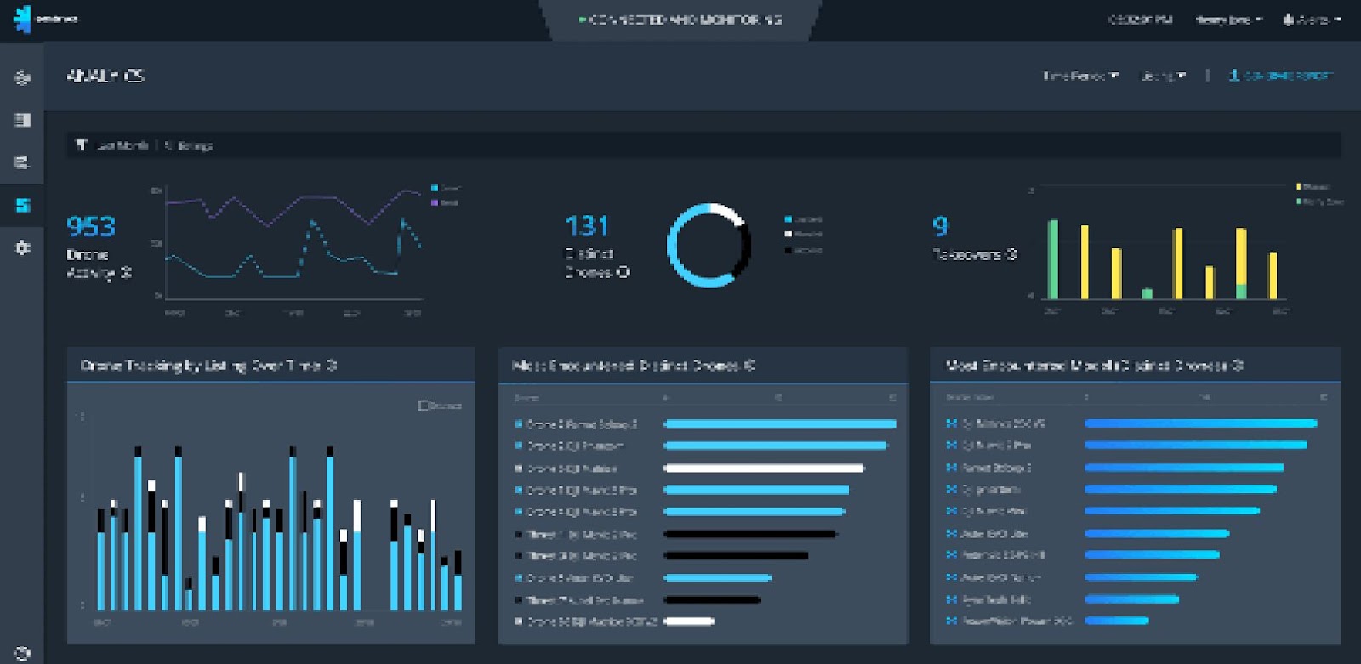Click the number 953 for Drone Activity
[x=90, y=227]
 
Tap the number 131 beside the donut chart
[x=586, y=226]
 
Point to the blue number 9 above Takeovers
[x=940, y=225]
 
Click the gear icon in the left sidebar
[x=23, y=247]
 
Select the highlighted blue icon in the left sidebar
[x=23, y=205]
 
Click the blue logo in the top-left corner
[x=22, y=19]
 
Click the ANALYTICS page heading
[x=105, y=76]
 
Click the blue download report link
[x=1280, y=76]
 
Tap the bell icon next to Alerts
[x=1288, y=20]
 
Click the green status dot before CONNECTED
[x=582, y=20]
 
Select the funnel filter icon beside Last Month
[x=82, y=145]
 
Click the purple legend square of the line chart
[x=435, y=202]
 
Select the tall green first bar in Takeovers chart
[x=1053, y=259]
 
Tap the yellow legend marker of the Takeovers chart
[x=1299, y=186]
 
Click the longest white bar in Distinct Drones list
[x=763, y=468]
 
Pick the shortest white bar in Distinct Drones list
[x=688, y=621]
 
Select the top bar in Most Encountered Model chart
[x=1200, y=423]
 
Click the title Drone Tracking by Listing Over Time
[x=208, y=366]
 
